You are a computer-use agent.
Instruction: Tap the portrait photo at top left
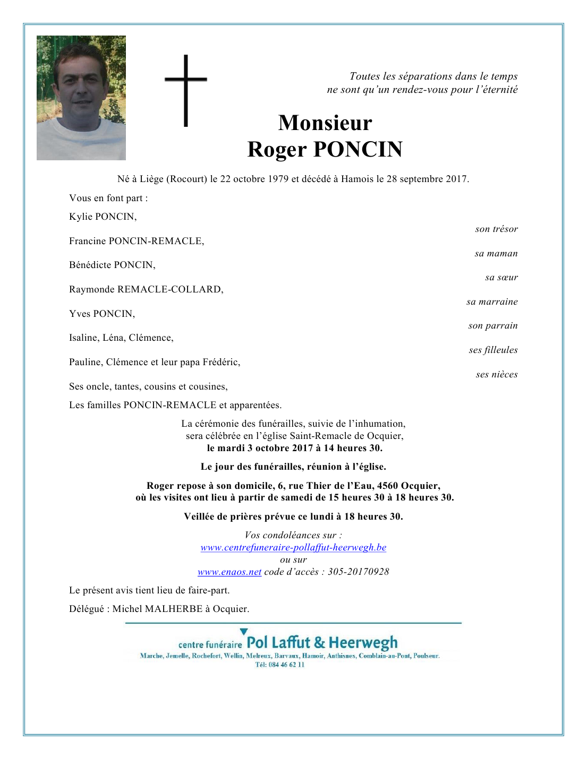81,98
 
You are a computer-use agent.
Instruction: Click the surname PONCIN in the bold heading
358,150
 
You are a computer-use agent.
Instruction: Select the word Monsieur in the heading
325,123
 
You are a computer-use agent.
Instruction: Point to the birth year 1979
278,179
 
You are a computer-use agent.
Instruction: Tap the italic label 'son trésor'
496,229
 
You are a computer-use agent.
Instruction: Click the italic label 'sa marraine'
492,302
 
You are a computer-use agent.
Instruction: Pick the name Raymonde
92,289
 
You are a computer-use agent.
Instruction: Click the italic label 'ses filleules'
493,350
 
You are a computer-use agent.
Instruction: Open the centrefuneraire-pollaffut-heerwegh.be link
293,547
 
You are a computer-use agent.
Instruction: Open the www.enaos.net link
229,572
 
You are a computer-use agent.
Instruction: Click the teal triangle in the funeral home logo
244,632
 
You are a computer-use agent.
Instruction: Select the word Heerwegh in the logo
363,643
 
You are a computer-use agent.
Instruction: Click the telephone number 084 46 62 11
286,665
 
